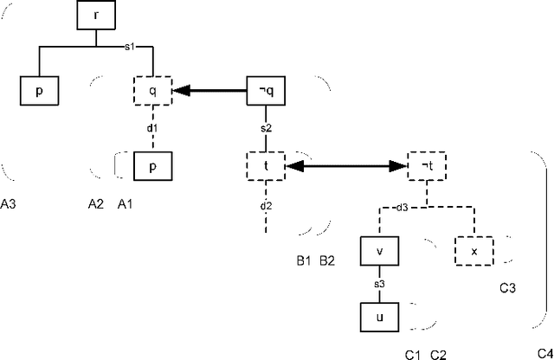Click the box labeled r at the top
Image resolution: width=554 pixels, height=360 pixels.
click(x=93, y=15)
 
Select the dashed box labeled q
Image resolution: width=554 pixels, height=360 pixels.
click(x=152, y=89)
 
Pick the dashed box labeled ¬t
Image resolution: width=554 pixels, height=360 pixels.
click(x=426, y=164)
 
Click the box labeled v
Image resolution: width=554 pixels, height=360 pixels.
click(x=378, y=251)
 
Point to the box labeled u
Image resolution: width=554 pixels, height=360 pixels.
click(x=378, y=316)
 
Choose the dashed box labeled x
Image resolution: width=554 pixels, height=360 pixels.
click(x=473, y=251)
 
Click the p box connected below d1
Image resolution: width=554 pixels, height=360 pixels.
click(x=152, y=167)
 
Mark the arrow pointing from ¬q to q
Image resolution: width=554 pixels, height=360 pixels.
click(x=208, y=89)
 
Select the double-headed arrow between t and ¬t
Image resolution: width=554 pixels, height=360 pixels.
click(x=346, y=164)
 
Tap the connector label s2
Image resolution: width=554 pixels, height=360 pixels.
click(x=267, y=128)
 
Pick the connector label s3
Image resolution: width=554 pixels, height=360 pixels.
click(x=379, y=283)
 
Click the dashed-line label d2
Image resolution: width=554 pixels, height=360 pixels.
click(x=266, y=206)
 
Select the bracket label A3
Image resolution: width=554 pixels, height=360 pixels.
click(x=12, y=203)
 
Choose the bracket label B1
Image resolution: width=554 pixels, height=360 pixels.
click(x=304, y=259)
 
